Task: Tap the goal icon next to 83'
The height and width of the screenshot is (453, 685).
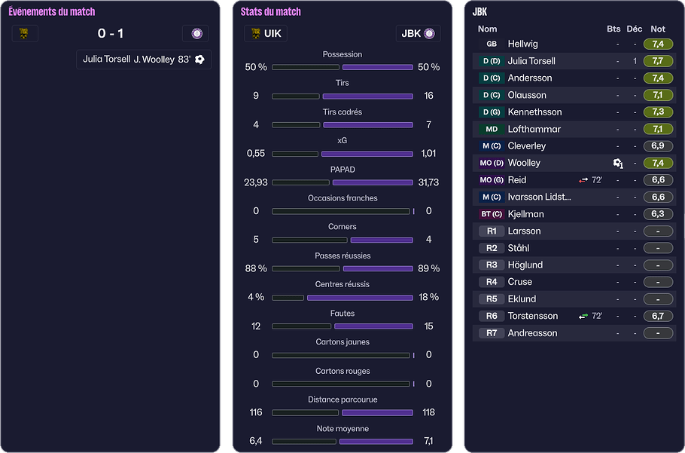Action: click(x=199, y=60)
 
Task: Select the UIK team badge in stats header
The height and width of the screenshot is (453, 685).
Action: click(x=256, y=33)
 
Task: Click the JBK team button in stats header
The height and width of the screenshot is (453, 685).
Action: click(x=418, y=33)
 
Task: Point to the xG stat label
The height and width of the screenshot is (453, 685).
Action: click(x=342, y=141)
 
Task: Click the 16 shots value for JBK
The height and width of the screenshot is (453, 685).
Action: click(x=428, y=96)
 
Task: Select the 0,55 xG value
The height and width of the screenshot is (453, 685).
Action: click(x=256, y=153)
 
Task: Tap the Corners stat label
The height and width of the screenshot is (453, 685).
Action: click(x=342, y=227)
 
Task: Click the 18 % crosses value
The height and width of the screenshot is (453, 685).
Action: click(x=428, y=297)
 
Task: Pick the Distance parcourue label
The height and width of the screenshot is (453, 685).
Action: click(x=342, y=399)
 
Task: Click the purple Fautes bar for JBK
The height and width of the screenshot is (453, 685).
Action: click(x=373, y=326)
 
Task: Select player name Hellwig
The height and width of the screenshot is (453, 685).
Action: click(x=522, y=44)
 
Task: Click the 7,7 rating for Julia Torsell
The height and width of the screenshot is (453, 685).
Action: click(x=657, y=61)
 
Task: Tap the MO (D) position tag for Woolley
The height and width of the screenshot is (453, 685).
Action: click(x=491, y=163)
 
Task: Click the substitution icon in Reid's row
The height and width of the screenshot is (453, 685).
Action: click(x=583, y=180)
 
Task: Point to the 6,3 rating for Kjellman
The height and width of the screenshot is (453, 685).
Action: click(x=657, y=214)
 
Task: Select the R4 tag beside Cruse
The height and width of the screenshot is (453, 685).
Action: click(x=491, y=282)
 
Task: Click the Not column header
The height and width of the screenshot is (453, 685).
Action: click(x=657, y=29)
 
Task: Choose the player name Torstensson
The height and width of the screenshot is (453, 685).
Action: click(x=532, y=316)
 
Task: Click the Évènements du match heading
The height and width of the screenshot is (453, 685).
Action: click(x=52, y=12)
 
